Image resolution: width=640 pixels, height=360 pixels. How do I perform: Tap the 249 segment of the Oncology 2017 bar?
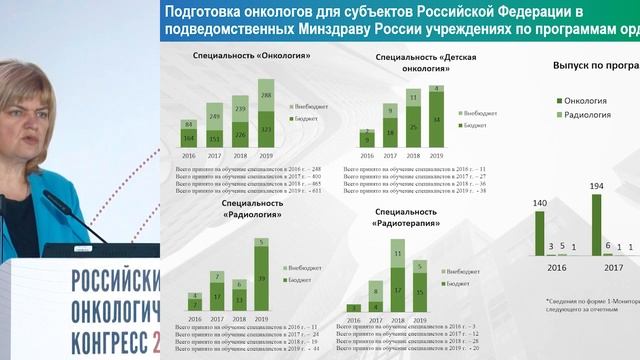(215, 116)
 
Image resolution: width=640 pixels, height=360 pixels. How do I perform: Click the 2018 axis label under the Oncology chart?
(241, 156)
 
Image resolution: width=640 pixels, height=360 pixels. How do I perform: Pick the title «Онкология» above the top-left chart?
(238, 57)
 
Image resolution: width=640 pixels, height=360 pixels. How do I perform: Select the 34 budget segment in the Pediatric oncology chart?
(436, 121)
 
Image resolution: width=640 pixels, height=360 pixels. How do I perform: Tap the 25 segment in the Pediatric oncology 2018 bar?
(413, 127)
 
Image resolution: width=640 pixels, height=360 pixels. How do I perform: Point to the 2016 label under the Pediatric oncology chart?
(367, 156)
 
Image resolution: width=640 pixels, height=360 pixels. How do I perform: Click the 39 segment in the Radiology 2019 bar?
(261, 278)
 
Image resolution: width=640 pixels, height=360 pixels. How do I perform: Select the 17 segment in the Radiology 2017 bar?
(215, 297)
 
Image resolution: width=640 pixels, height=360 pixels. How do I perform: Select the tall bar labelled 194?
(596, 226)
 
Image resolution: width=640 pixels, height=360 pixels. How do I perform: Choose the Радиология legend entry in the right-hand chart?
(584, 115)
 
